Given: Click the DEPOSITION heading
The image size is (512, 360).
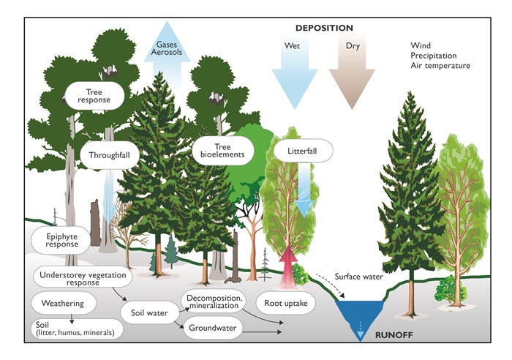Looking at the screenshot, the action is click(x=324, y=28).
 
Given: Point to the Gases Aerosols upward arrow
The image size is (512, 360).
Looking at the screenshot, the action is click(x=167, y=56).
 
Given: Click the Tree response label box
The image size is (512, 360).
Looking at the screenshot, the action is click(x=94, y=96).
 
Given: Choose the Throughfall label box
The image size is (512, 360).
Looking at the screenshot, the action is click(x=110, y=155).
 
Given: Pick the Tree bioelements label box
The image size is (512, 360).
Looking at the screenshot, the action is click(x=222, y=151).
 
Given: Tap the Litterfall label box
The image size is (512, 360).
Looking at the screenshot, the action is click(x=302, y=151).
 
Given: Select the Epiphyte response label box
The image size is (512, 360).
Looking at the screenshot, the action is click(x=61, y=241).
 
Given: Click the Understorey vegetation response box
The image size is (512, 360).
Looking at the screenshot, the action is click(x=83, y=278).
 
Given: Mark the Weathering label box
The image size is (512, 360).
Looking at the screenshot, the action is click(x=64, y=304).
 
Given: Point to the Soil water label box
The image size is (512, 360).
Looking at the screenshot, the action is click(x=149, y=313).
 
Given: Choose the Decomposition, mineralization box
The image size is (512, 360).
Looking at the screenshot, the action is click(x=214, y=302).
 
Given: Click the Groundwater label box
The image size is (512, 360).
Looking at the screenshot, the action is click(x=213, y=328).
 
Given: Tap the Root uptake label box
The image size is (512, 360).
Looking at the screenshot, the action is click(x=286, y=303).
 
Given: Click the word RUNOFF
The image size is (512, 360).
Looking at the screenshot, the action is click(x=394, y=335).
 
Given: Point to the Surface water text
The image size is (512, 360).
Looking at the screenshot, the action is click(x=358, y=277).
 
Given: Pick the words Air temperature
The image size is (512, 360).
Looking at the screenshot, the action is click(x=440, y=66).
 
